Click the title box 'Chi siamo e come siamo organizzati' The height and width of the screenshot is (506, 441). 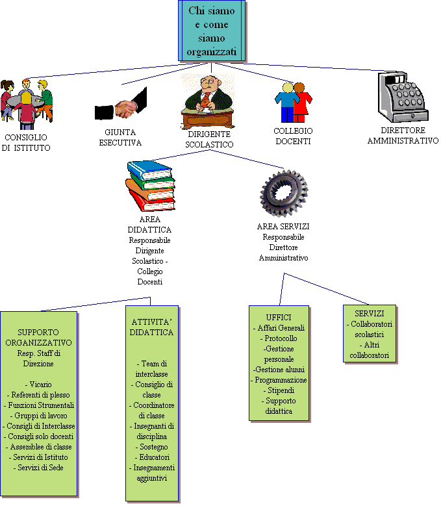[x=212, y=31]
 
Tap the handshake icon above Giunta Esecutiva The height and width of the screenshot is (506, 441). [x=121, y=105]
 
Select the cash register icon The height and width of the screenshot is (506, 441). [x=403, y=97]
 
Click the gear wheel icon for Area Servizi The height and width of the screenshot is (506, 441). [x=284, y=192]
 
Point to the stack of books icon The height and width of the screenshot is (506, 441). [x=150, y=186]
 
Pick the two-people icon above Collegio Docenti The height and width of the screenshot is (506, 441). [x=293, y=102]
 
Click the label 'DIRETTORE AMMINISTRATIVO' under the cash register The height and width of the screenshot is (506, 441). [x=403, y=136]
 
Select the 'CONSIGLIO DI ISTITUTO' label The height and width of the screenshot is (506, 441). [x=26, y=143]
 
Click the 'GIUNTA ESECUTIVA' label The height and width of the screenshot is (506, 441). [x=120, y=138]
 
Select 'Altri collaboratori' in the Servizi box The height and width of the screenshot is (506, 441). [x=370, y=350]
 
